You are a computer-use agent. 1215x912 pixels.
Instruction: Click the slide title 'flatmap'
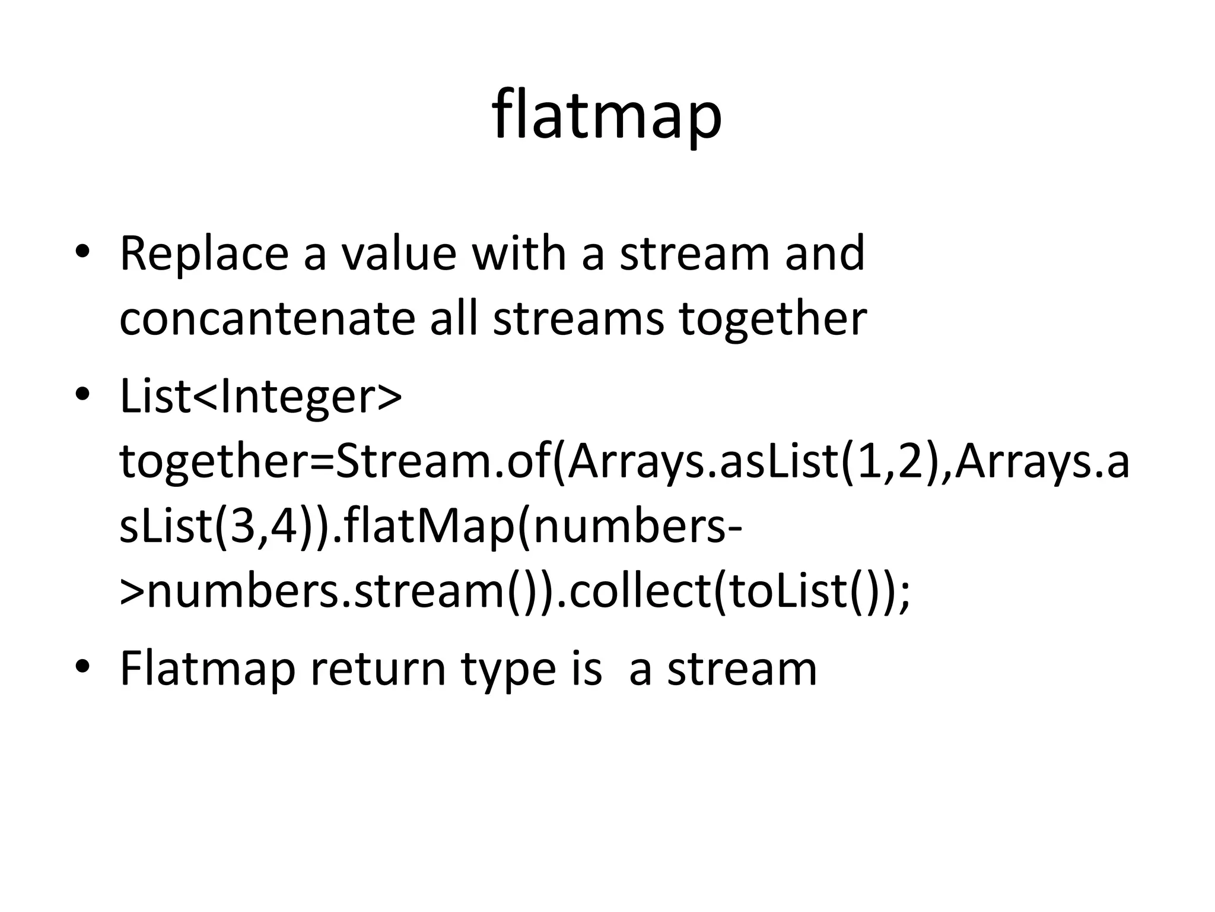pos(607,116)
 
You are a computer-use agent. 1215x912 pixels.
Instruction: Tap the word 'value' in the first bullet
pos(398,254)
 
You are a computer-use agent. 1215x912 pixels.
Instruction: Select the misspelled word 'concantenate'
pos(267,319)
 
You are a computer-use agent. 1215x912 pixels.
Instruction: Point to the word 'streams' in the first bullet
pos(578,319)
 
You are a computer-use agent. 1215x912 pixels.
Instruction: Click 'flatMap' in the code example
pos(428,527)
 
